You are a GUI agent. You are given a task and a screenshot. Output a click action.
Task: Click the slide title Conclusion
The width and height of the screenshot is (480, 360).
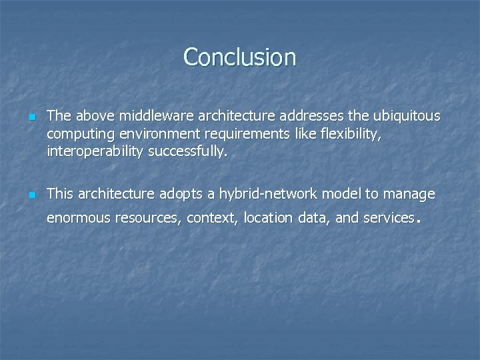click(x=239, y=57)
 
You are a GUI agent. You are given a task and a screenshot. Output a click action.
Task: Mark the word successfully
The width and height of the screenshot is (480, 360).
click(x=187, y=151)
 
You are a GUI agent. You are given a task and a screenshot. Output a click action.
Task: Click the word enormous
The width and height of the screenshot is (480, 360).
click(x=79, y=218)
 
